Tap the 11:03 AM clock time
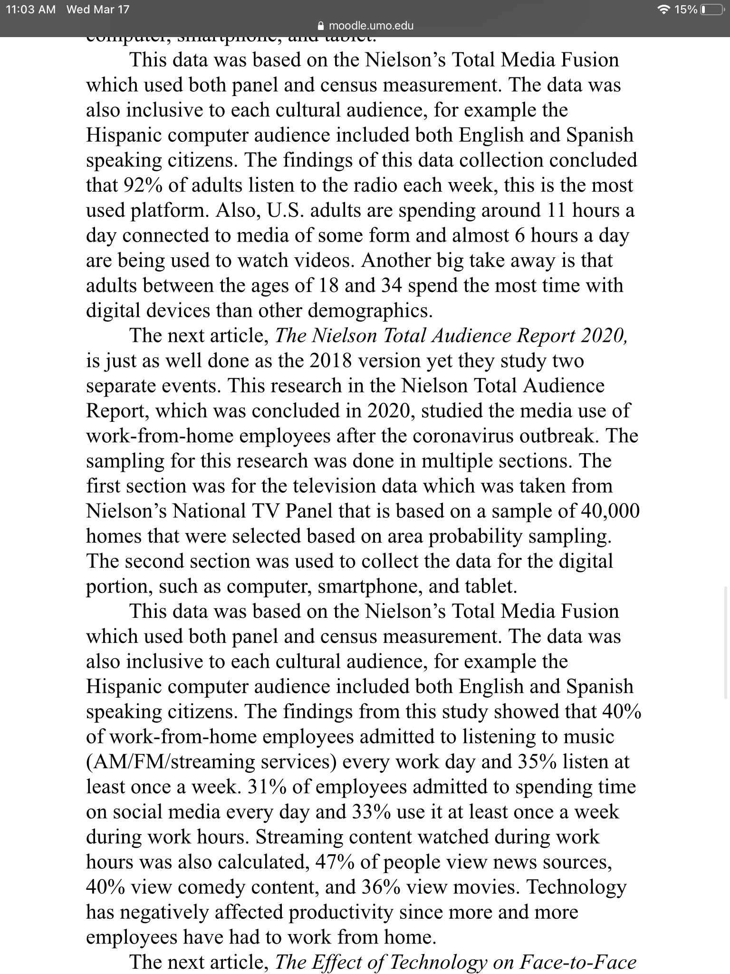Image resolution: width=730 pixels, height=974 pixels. (30, 10)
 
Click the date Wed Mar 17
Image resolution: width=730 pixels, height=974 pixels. (98, 10)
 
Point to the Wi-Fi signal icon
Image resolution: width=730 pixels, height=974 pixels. (665, 10)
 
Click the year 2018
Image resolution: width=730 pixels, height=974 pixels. (331, 361)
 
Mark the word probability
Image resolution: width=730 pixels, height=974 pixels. (475, 536)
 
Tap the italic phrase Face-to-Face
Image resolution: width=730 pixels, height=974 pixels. (578, 962)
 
